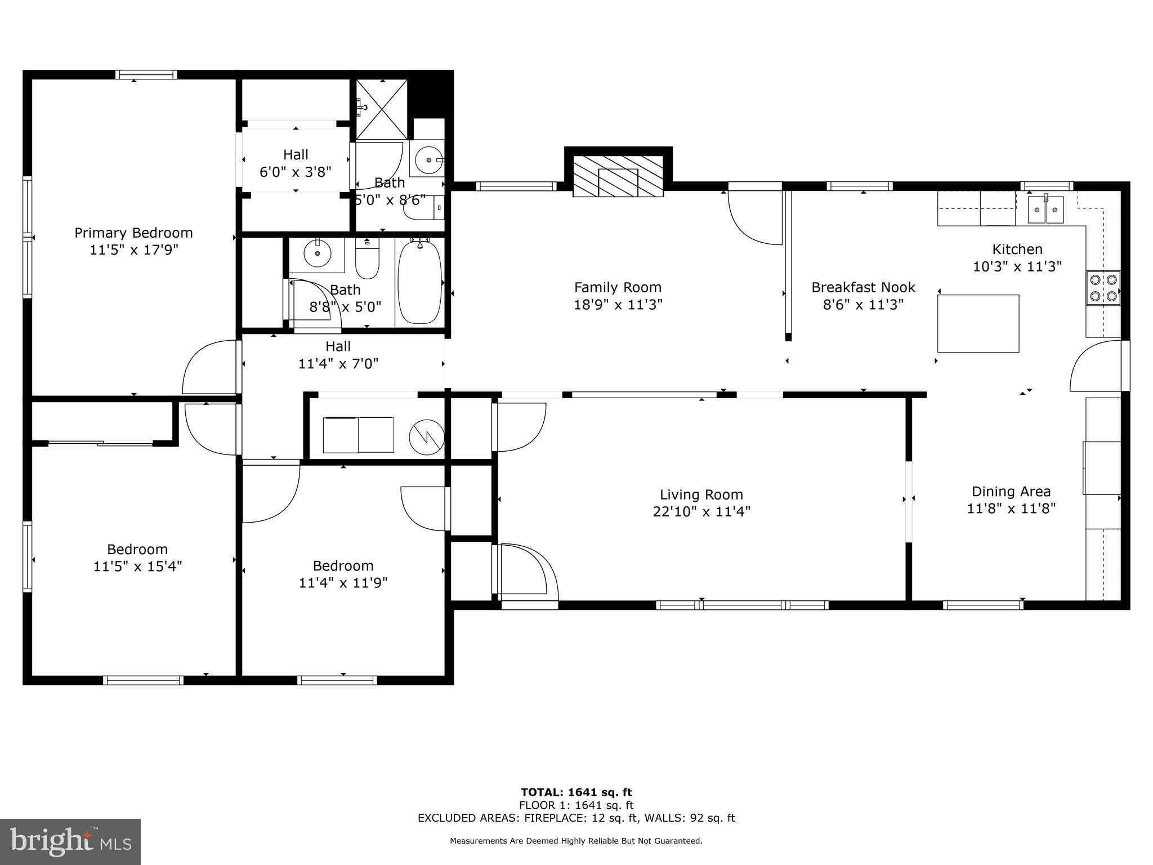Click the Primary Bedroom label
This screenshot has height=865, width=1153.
pyautogui.click(x=133, y=233)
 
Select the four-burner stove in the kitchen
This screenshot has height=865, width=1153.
pyautogui.click(x=1103, y=288)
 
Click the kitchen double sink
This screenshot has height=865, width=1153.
pyautogui.click(x=1046, y=209)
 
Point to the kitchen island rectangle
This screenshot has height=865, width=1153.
pyautogui.click(x=978, y=323)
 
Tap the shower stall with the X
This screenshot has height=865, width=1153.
pyautogui.click(x=382, y=109)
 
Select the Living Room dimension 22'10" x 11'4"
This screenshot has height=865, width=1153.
pyautogui.click(x=701, y=511)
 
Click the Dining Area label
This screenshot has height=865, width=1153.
pyautogui.click(x=1011, y=491)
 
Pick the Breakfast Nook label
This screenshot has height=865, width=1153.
pyautogui.click(x=863, y=287)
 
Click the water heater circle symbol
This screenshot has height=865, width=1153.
pyautogui.click(x=426, y=436)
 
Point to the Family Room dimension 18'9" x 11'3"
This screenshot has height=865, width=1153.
pyautogui.click(x=618, y=305)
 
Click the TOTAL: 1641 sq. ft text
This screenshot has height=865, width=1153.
pyautogui.click(x=576, y=792)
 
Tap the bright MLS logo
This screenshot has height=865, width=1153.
pyautogui.click(x=70, y=841)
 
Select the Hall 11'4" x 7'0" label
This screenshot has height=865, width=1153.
pyautogui.click(x=338, y=355)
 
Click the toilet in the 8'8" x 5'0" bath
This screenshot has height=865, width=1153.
pyautogui.click(x=368, y=259)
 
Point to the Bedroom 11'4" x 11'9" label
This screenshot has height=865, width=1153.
pyautogui.click(x=343, y=574)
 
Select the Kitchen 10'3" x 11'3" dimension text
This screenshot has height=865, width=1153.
pyautogui.click(x=1017, y=266)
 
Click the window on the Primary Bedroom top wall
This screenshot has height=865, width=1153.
pyautogui.click(x=146, y=74)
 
